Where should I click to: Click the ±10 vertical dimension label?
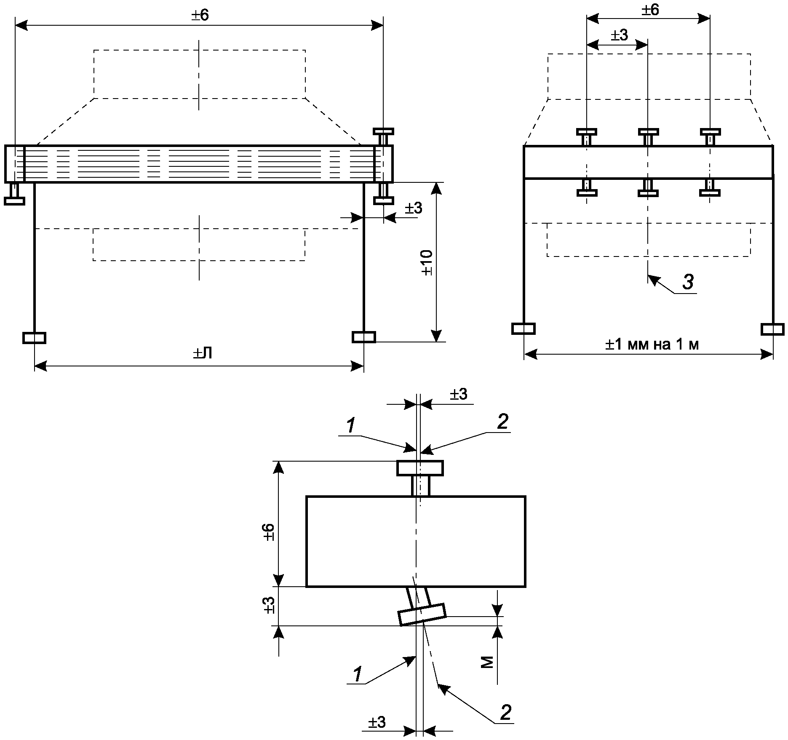coord(427,262)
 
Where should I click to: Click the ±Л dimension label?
coord(203,353)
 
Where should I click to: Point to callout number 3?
coord(688,282)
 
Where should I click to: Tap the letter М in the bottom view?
coord(487,663)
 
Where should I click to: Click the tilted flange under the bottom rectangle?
coord(422,614)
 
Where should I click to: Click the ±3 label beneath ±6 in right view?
coord(619,35)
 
